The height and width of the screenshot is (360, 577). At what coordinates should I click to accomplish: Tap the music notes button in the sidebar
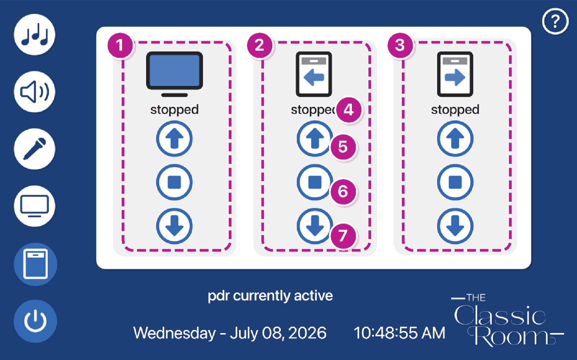35,35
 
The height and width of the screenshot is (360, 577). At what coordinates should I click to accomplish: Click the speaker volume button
35,92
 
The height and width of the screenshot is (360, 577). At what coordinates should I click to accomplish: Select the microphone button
35,149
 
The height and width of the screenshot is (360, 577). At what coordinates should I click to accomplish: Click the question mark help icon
555,21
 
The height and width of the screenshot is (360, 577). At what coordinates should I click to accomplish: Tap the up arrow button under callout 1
175,139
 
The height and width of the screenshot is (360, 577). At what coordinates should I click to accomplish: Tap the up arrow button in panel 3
455,139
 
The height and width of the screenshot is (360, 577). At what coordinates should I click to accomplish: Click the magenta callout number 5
343,147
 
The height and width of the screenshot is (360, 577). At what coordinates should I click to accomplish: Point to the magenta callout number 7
343,236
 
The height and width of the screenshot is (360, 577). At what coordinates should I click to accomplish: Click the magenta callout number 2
260,45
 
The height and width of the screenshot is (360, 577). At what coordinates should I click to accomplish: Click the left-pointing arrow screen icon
314,74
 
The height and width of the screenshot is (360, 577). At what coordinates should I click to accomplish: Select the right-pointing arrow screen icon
455,74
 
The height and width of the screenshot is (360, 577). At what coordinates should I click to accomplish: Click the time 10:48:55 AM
400,333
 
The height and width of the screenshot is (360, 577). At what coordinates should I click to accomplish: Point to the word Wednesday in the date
175,333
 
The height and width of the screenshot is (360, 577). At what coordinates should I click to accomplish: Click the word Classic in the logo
500,315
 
